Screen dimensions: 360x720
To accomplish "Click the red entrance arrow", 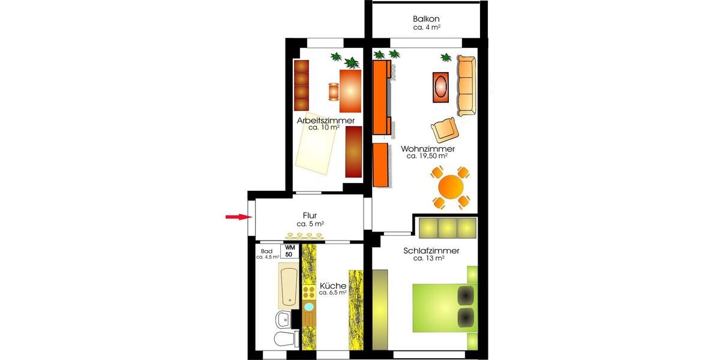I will (236, 217).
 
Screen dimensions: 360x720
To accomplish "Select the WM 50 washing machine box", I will (290, 251).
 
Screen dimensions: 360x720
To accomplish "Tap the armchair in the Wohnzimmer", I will (445, 128).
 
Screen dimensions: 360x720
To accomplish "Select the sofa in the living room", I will (466, 86).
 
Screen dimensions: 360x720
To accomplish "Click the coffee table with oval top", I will (441, 86).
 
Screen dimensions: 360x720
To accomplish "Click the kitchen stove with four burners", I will (309, 293).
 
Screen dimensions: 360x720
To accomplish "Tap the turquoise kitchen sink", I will (309, 307).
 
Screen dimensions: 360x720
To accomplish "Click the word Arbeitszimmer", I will (325, 121).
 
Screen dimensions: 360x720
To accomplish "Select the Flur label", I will (310, 215).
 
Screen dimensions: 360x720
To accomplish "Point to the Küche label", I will (332, 286).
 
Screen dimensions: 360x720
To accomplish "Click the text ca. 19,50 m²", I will (428, 156).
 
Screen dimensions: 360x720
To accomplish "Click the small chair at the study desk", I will (334, 91).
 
